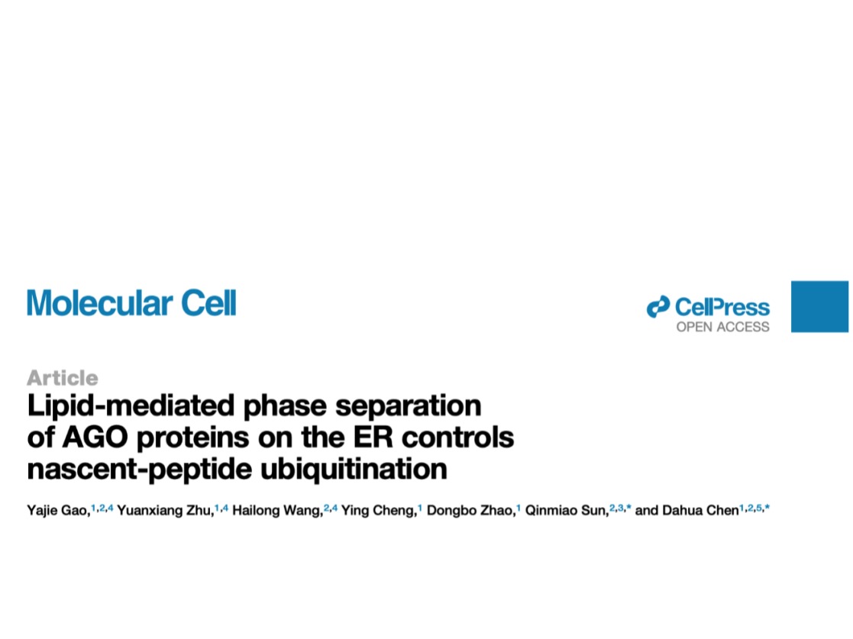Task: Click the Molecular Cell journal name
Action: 131,303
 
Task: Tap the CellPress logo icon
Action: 658,307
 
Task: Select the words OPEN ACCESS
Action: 722,327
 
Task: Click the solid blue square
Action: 820,306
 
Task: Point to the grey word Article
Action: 63,377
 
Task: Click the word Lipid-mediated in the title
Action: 131,405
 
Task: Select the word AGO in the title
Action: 95,437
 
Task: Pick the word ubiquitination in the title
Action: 354,470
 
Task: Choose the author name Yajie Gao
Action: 57,511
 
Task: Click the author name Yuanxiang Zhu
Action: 164,511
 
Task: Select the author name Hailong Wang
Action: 276,511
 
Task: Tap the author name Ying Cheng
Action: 378,511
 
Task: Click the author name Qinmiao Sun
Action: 566,511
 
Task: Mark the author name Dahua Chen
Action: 700,511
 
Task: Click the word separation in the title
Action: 408,405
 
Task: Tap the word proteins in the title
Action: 193,438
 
